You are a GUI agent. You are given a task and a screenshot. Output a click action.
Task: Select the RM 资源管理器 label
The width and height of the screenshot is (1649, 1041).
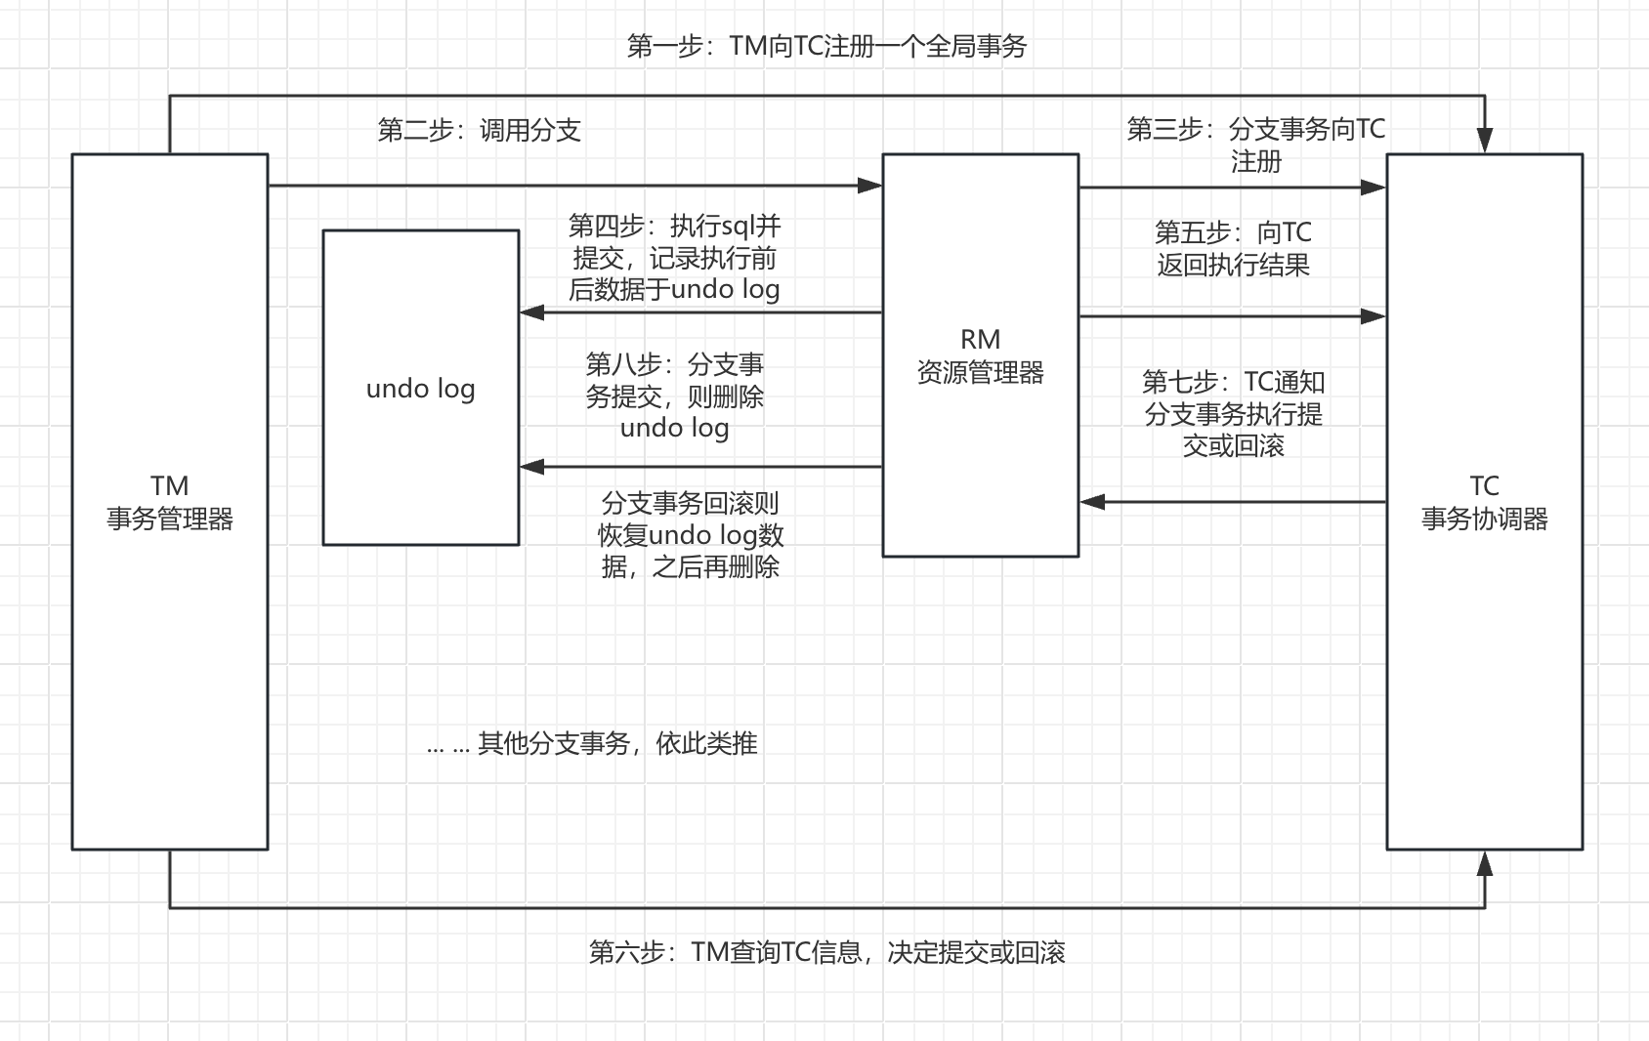[x=980, y=356]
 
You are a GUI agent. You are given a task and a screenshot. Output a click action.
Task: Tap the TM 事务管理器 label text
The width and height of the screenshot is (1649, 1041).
[x=169, y=503]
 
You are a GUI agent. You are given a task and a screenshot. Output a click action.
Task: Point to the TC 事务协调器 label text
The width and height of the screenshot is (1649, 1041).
[x=1484, y=503]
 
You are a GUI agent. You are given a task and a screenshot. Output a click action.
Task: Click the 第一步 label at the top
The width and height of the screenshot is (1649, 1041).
[x=826, y=46]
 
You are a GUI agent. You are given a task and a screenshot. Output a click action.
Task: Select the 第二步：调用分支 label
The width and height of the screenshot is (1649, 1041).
[x=479, y=130]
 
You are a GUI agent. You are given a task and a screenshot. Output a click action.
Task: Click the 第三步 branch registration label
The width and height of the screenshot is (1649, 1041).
[x=1255, y=145]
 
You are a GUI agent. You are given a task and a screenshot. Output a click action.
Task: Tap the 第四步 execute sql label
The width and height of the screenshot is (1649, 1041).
[x=674, y=258]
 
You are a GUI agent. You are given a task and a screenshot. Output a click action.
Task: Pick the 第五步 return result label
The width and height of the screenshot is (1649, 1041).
[x=1233, y=248]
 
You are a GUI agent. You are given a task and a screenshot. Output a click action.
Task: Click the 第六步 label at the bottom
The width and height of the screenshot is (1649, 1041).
[x=826, y=952]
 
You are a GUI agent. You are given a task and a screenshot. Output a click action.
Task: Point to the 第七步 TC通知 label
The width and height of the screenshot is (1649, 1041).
[x=1233, y=413]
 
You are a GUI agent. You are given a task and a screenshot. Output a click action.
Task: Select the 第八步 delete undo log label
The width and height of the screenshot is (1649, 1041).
[x=674, y=396]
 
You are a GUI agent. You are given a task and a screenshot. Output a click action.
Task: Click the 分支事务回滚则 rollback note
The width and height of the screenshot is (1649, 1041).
[x=691, y=534]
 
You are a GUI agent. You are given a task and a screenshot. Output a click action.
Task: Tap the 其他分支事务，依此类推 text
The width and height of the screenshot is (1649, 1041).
[x=592, y=744]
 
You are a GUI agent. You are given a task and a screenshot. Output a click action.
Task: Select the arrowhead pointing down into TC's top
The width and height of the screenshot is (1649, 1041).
[x=1484, y=142]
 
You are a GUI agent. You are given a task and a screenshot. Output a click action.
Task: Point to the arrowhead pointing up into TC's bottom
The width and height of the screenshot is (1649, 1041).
[x=1484, y=863]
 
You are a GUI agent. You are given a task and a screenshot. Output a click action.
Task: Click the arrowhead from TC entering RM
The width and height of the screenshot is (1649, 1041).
[x=1092, y=502]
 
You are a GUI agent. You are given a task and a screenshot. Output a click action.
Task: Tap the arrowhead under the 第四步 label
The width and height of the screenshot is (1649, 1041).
[x=532, y=312]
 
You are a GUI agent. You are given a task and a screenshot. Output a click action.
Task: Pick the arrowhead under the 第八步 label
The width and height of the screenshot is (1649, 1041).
[x=532, y=467]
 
